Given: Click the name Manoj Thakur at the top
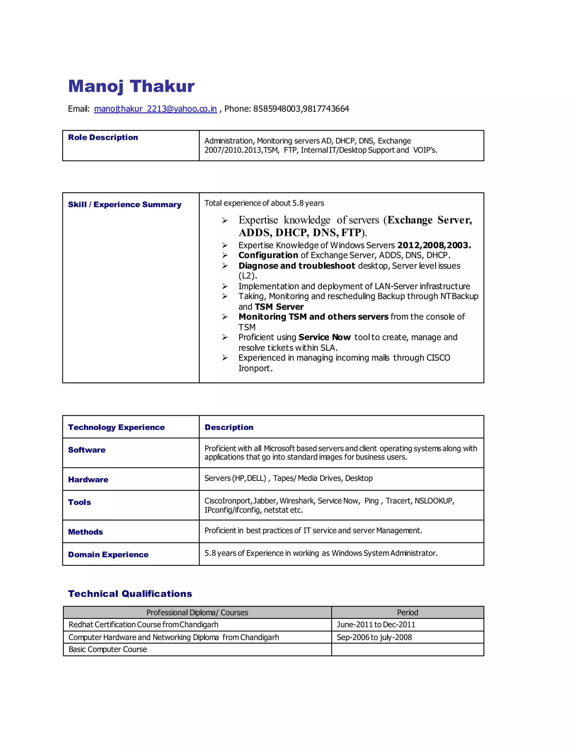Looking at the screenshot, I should pyautogui.click(x=131, y=86).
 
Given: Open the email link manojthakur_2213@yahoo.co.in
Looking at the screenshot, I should pyautogui.click(x=155, y=109).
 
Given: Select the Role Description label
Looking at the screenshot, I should pyautogui.click(x=103, y=137).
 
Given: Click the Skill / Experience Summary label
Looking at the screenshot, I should pyautogui.click(x=125, y=205).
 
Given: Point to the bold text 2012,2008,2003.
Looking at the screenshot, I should pyautogui.click(x=434, y=245).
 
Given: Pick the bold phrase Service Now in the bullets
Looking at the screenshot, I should pyautogui.click(x=324, y=338).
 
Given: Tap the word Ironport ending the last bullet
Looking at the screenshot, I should pyautogui.click(x=255, y=368).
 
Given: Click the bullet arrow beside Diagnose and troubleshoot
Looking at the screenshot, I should pyautogui.click(x=225, y=266).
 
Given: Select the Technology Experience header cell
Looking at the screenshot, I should pyautogui.click(x=116, y=427).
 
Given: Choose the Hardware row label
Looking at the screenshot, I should pyautogui.click(x=88, y=480).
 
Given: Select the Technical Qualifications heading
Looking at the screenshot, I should pyautogui.click(x=130, y=594).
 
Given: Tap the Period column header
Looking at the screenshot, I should pyautogui.click(x=407, y=613).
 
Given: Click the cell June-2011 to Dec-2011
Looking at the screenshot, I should pyautogui.click(x=376, y=624).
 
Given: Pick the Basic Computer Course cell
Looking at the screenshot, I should pyautogui.click(x=108, y=649).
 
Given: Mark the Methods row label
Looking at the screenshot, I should pyautogui.click(x=85, y=532).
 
